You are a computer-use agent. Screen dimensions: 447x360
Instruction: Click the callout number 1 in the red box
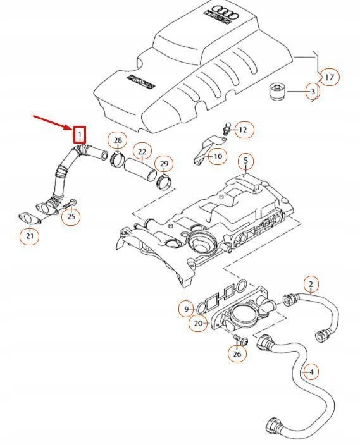80,134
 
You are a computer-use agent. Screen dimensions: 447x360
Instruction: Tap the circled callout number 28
117,140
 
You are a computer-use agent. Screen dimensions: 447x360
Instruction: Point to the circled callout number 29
164,164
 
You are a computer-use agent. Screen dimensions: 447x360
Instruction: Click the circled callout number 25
71,217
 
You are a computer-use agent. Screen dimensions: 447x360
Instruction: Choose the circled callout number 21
30,236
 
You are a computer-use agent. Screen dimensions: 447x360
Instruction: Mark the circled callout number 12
242,130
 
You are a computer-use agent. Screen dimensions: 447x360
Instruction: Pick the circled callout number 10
217,156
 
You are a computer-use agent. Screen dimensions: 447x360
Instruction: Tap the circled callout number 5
245,161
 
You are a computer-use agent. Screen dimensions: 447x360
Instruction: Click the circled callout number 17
329,77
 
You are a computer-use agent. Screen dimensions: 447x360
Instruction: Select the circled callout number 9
187,309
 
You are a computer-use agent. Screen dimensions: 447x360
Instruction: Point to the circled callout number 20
198,323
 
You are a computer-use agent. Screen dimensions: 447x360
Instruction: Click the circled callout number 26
237,354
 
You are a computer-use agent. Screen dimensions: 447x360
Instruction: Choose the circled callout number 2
311,284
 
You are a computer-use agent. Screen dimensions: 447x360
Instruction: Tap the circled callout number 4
311,371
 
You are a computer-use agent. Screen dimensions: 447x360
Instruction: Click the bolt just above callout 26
238,340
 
